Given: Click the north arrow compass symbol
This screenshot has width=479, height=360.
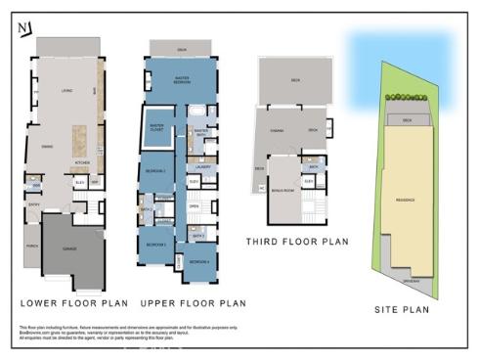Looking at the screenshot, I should pos(22,27).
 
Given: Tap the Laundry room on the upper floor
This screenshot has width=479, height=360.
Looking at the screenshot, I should pos(217,167).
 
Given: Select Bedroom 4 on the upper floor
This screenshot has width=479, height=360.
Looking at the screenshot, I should pos(198,261).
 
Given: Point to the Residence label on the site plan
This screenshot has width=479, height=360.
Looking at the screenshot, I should pos(405,201).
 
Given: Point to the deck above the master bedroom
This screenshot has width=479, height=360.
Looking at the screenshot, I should pos(182,48).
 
